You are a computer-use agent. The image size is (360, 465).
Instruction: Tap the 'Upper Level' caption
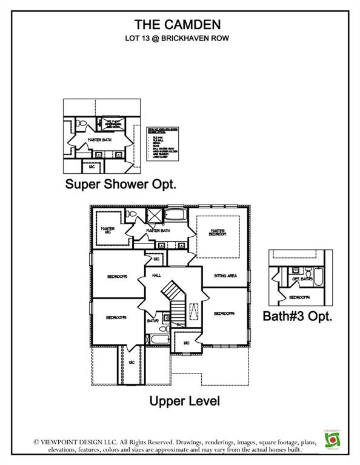185,401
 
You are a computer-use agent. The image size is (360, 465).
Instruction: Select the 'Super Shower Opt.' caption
121,185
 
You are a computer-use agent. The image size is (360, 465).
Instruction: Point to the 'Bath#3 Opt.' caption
298,316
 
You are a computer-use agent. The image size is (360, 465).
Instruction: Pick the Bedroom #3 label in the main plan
115,317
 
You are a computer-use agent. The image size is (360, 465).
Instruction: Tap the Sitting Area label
225,275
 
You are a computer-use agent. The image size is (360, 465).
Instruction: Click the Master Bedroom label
218,232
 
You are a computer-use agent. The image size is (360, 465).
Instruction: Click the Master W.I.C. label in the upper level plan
108,231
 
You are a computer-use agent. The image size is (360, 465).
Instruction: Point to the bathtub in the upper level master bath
178,215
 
